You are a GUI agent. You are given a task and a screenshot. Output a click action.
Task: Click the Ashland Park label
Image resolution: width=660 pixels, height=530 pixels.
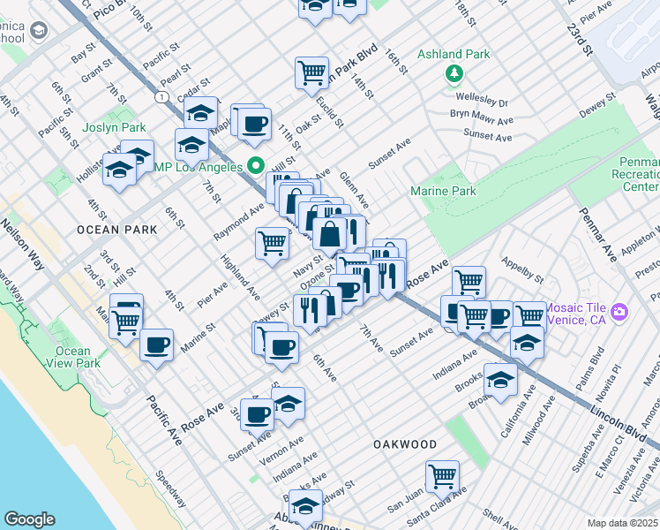[454, 54]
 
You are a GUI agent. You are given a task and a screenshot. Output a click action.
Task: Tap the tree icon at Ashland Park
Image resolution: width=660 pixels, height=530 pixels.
[454, 73]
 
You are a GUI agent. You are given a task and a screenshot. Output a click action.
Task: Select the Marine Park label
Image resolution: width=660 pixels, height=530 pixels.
[443, 191]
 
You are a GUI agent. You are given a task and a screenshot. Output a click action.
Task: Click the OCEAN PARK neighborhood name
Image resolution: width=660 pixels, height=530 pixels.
[116, 230]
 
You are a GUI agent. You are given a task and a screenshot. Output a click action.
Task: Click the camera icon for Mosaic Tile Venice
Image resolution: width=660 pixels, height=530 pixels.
[619, 312]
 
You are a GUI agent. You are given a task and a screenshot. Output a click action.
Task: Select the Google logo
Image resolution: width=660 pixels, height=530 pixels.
[29, 519]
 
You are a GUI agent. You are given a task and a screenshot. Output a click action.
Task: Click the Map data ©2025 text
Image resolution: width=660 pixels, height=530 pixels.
[622, 523]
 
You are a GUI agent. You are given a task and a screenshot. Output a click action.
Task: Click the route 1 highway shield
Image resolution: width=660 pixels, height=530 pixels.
[162, 95]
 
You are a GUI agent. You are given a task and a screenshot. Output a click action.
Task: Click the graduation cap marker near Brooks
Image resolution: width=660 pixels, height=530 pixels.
[500, 379]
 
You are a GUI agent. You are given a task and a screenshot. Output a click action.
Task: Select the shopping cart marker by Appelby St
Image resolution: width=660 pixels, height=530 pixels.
[469, 282]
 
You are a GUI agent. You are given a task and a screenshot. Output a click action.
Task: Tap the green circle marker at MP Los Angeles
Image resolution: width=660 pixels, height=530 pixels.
[256, 164]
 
